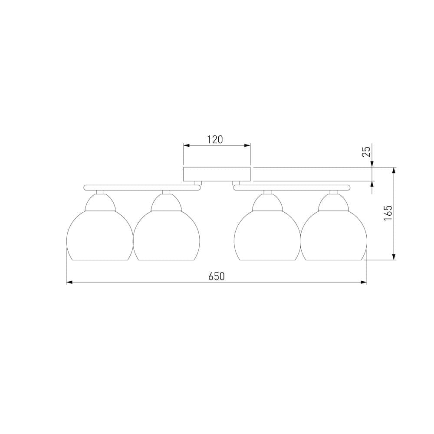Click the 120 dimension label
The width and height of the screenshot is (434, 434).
click(215, 139)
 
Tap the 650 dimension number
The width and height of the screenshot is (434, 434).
click(217, 276)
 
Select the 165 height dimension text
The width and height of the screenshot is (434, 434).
click(388, 213)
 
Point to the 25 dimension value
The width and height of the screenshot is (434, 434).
click(366, 151)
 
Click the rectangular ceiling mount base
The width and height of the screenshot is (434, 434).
click(217, 174)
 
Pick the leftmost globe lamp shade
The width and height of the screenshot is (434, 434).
click(100, 236)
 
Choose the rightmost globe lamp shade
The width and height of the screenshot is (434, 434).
click(333, 236)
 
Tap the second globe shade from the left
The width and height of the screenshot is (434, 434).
click(166, 236)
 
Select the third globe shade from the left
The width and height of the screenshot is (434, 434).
click(267, 236)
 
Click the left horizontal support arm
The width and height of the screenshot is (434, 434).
click(142, 187)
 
